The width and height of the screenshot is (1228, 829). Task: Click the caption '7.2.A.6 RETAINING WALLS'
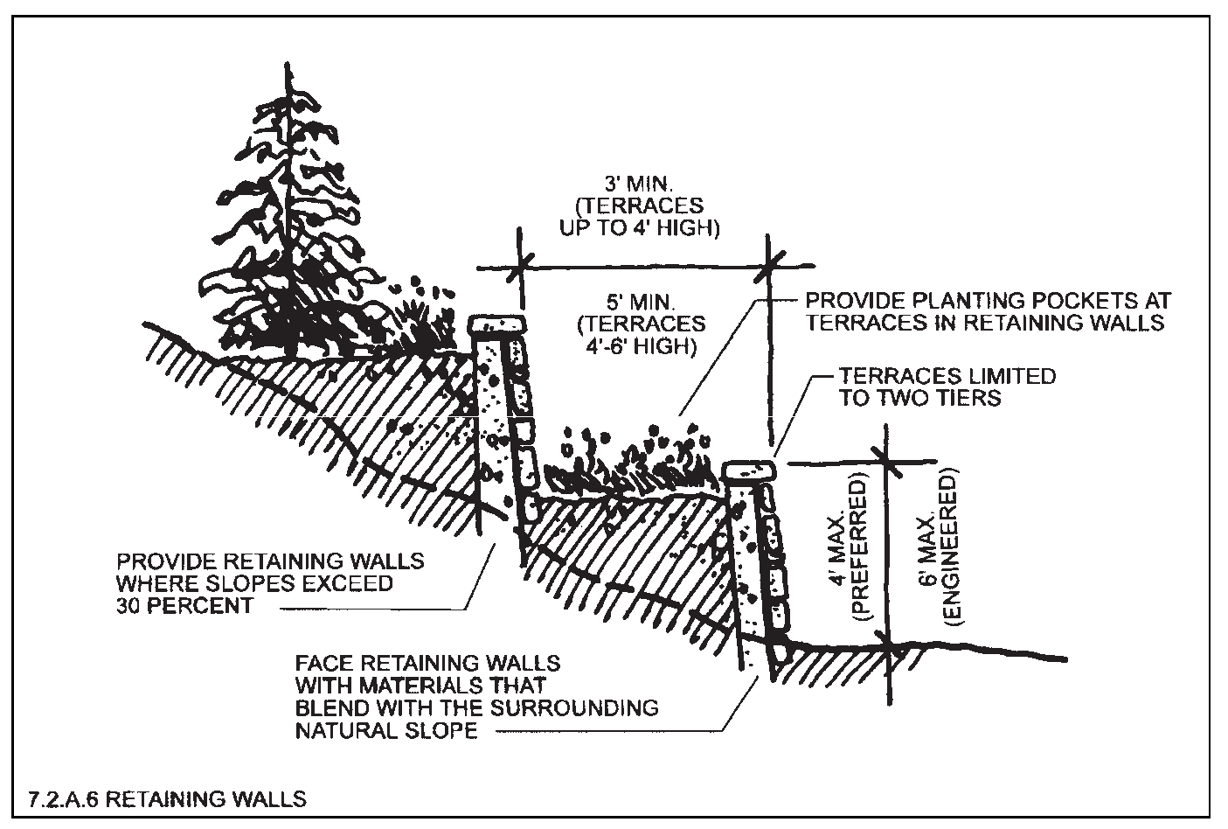(167, 799)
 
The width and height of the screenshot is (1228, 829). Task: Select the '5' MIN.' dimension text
(641, 303)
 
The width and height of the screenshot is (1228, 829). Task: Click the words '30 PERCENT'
(184, 606)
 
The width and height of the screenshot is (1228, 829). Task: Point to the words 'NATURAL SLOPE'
(386, 731)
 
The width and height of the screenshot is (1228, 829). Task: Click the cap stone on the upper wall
(497, 325)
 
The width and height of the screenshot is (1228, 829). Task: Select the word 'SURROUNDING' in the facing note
(574, 707)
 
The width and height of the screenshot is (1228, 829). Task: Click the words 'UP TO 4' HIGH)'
(639, 227)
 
